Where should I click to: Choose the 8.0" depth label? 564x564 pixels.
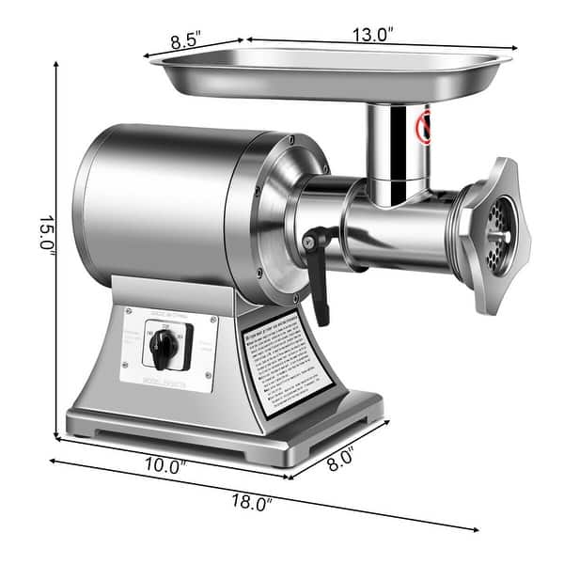pyautogui.click(x=340, y=458)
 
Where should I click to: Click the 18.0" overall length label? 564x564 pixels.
pyautogui.click(x=251, y=503)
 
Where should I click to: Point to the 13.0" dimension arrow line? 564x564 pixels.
pyautogui.click(x=376, y=44)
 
